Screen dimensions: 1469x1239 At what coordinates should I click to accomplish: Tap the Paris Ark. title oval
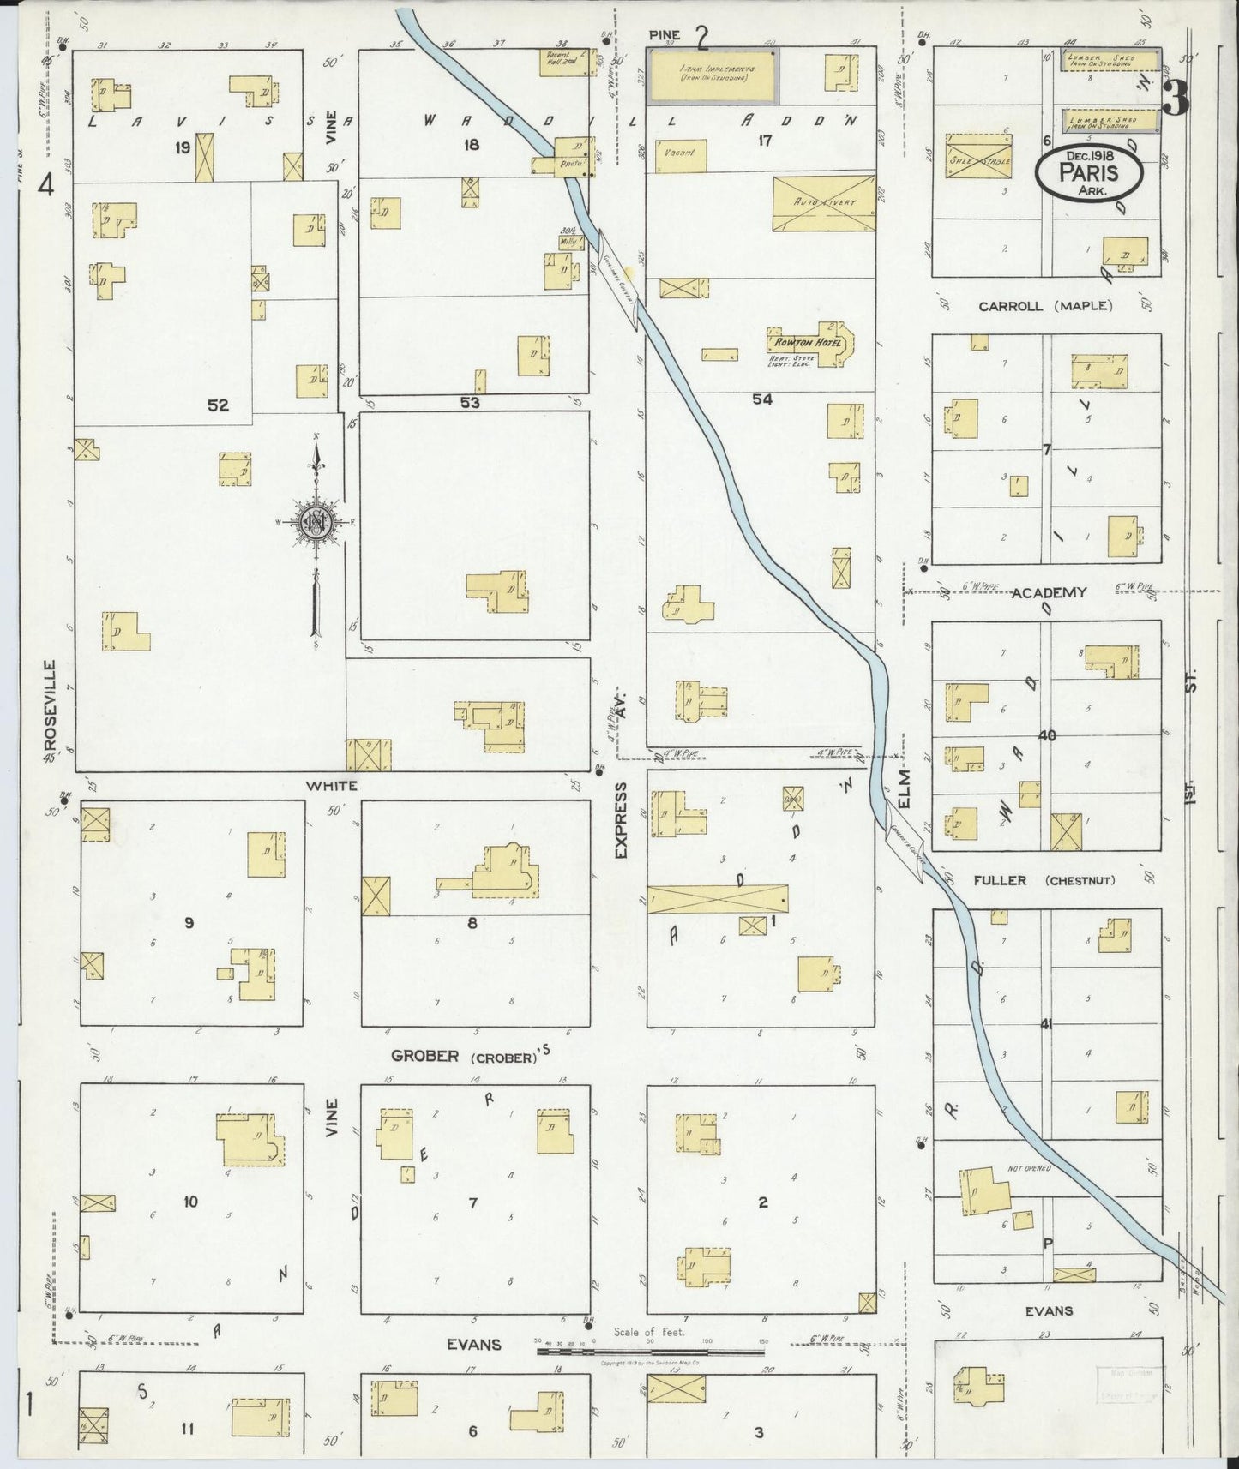1088,174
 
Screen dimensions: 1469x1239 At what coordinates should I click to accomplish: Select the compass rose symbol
316,521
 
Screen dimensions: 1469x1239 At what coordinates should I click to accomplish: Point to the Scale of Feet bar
649,1352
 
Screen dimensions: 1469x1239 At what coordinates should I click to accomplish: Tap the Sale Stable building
979,157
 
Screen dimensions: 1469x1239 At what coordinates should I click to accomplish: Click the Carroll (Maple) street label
1045,306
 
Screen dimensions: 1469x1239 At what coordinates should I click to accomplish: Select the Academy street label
1049,592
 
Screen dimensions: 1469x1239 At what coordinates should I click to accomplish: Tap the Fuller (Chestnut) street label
1044,880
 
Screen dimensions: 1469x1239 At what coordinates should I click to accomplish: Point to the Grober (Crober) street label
463,1056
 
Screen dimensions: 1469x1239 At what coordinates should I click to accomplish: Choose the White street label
332,785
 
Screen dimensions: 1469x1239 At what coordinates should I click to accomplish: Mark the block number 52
218,405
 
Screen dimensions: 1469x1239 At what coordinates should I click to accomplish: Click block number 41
1045,1023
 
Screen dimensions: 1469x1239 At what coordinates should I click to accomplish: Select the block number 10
189,1202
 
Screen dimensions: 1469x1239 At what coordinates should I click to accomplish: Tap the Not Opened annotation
1029,1168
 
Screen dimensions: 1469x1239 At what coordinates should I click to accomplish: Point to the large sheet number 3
1176,100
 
